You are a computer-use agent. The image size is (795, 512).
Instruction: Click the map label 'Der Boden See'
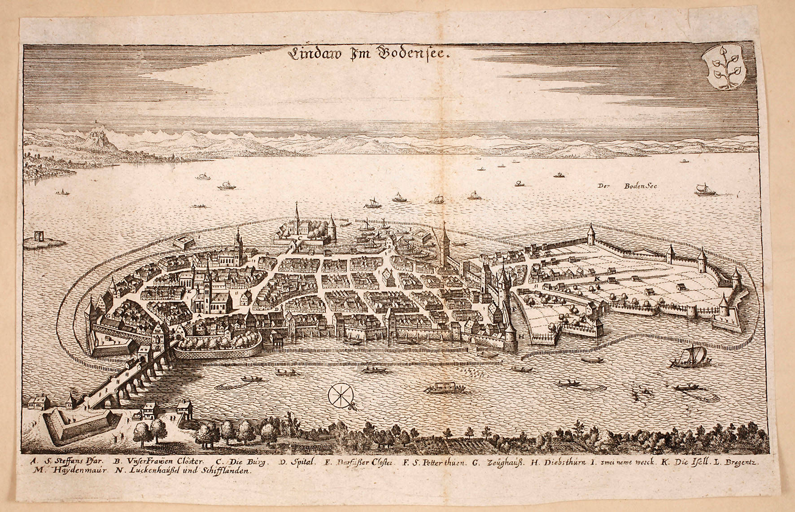pyautogui.click(x=627, y=186)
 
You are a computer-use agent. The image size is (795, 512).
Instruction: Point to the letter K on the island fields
pyautogui.click(x=597, y=279)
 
